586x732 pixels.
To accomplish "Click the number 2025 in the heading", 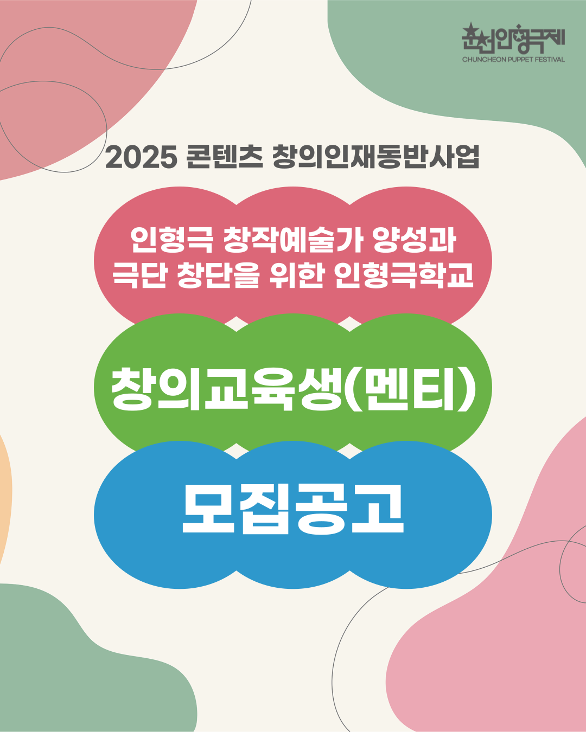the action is pos(141,157).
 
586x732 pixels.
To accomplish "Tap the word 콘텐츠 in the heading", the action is pos(225,157).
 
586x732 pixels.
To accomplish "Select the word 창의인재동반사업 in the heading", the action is pos(376,157).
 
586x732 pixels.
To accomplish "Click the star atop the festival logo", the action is pos(471,29).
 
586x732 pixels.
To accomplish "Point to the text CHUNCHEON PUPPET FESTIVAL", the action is pos(513,60).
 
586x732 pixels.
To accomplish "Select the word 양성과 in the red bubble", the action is pos(414,240).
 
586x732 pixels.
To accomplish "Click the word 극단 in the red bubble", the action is pos(139,275).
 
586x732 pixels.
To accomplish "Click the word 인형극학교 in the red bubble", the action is pos(404,275).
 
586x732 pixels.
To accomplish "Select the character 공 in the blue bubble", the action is pos(321,509).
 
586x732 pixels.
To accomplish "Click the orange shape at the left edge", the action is pos(5,500).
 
